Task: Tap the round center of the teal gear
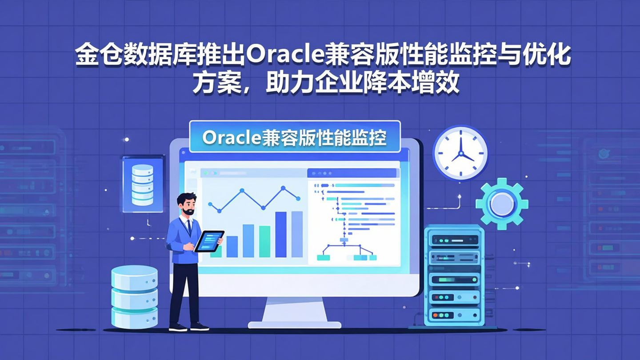tap(502, 203)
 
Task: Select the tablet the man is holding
tap(208, 241)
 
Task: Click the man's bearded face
tap(187, 205)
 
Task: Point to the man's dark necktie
tap(188, 228)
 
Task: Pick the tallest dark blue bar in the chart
tap(281, 234)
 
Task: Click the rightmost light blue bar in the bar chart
tap(297, 234)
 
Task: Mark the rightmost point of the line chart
tap(298, 199)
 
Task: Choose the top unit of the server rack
tap(454, 240)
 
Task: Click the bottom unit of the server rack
tap(454, 315)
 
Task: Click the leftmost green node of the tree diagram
tap(324, 257)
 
